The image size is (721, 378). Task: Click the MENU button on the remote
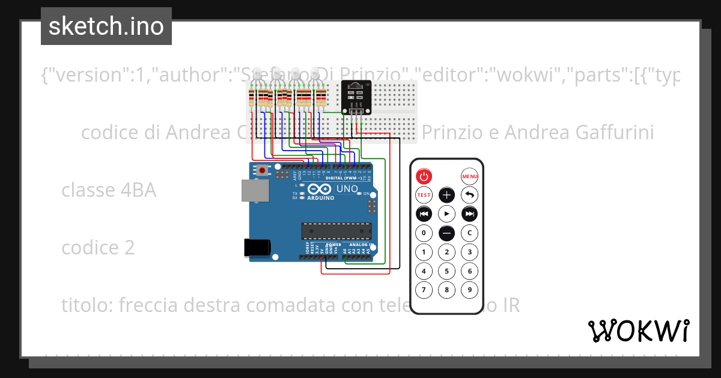[469, 176]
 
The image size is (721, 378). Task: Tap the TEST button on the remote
[424, 195]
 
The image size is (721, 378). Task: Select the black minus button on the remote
[446, 233]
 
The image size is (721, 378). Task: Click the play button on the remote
[446, 214]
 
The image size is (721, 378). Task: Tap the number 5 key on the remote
[446, 271]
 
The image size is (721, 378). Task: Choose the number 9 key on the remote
[469, 290]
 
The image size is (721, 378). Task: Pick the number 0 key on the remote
[424, 233]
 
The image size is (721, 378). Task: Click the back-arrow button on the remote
[469, 195]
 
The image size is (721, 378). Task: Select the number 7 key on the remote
[424, 290]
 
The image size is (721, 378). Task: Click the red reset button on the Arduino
[263, 170]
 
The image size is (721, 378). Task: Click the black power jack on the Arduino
[257, 247]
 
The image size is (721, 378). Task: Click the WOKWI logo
[638, 331]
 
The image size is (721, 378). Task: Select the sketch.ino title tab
[106, 26]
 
